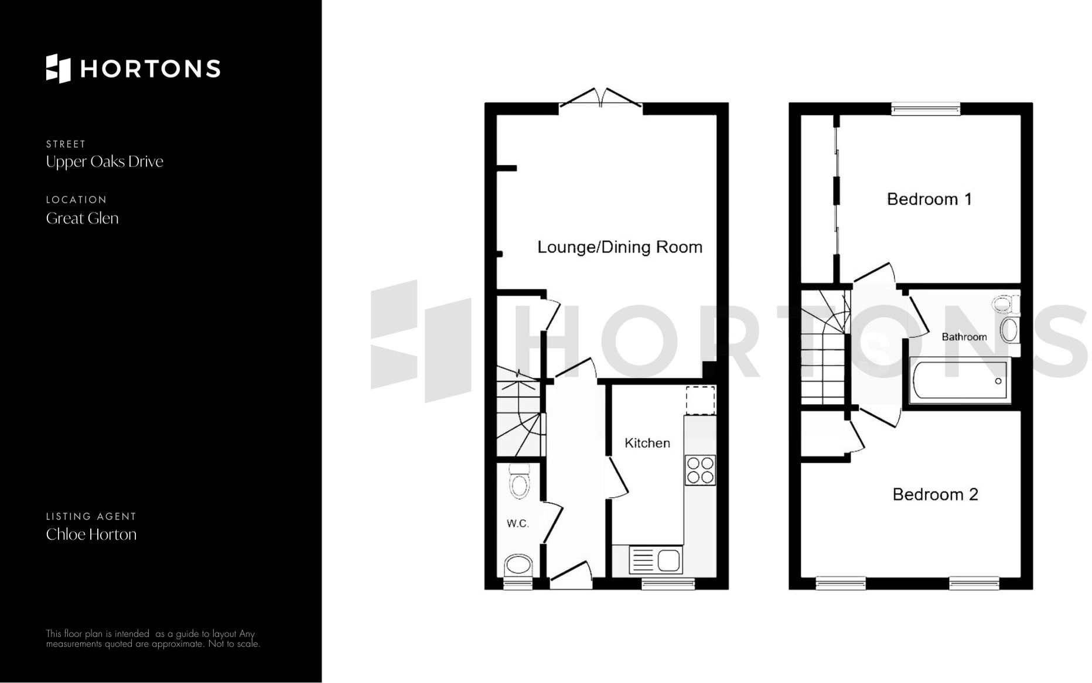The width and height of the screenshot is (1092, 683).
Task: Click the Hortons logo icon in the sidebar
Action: (x=58, y=69)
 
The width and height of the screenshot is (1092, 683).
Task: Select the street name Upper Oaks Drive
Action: (x=104, y=162)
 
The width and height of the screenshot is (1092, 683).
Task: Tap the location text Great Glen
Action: (x=82, y=218)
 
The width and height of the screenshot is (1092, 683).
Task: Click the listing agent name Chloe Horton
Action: (x=91, y=534)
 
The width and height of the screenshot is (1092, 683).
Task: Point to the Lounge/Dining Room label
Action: (x=620, y=247)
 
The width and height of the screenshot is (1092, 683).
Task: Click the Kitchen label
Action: (x=647, y=443)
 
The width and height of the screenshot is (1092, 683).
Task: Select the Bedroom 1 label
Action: (x=929, y=199)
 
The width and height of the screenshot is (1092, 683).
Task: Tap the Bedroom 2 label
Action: (x=935, y=494)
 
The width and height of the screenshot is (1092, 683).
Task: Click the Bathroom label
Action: (x=964, y=337)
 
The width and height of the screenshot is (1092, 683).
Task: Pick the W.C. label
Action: (x=517, y=524)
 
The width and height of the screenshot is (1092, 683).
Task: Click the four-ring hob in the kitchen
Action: (x=700, y=470)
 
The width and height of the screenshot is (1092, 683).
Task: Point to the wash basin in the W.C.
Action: (x=518, y=566)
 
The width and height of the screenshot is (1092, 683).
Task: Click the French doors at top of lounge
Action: (x=600, y=100)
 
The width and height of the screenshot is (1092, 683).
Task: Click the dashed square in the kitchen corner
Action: (x=701, y=399)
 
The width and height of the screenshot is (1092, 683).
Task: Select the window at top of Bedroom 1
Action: (x=926, y=108)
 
